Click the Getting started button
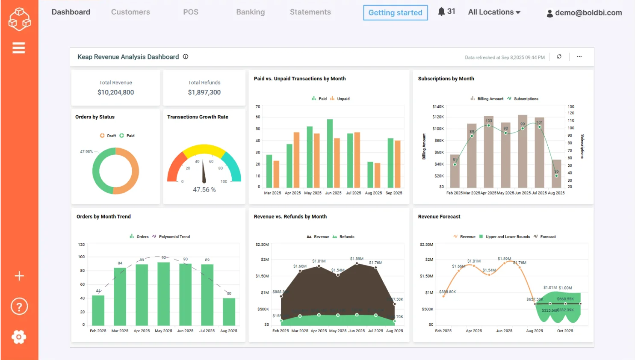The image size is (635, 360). tap(395, 13)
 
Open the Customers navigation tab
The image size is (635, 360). tap(130, 12)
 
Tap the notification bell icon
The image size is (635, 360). tap(441, 12)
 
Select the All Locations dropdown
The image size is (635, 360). tap(494, 12)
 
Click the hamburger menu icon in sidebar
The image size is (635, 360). tap(19, 48)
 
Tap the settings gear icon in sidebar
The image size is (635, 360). tap(19, 337)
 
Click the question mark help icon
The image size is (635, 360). tap(19, 307)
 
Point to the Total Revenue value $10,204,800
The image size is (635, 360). tap(115, 92)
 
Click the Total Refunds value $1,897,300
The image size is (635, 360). tap(204, 92)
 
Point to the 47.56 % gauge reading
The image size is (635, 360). tap(204, 190)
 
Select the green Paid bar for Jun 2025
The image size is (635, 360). tap(330, 154)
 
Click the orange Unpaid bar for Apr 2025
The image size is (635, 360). tap(296, 160)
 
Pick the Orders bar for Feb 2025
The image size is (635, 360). tap(98, 310)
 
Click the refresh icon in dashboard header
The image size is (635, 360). tap(559, 57)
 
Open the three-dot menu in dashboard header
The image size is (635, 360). tap(579, 57)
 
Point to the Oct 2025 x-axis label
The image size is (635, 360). tap(565, 331)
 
